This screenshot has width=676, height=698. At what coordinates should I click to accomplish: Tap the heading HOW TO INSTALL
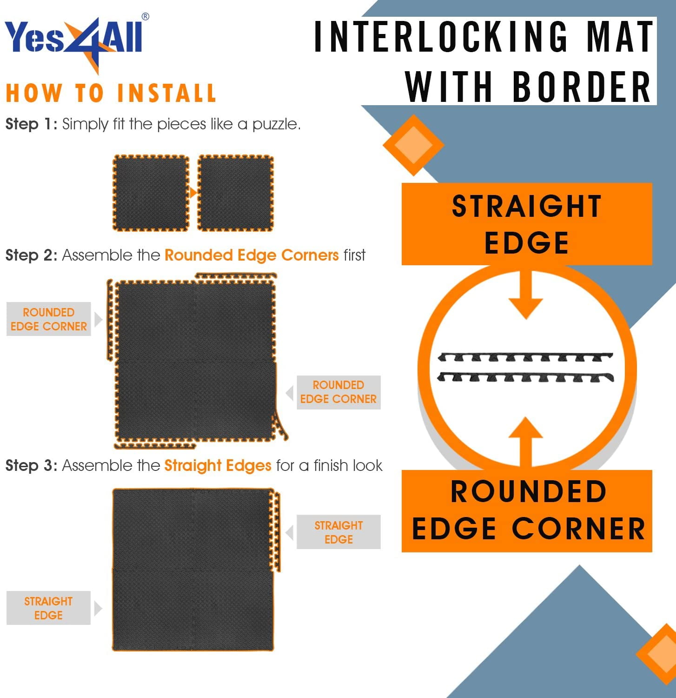click(x=111, y=93)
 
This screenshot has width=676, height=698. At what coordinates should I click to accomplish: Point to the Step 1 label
click(x=31, y=124)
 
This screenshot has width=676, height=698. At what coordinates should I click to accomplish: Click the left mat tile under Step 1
click(x=151, y=193)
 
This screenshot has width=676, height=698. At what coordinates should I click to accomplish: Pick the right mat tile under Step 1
click(x=236, y=193)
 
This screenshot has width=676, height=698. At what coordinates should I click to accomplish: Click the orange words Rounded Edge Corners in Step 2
click(x=252, y=255)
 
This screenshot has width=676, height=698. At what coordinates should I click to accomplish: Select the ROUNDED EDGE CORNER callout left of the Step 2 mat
click(x=49, y=319)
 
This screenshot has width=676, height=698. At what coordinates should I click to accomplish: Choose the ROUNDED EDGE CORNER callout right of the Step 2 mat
click(x=338, y=392)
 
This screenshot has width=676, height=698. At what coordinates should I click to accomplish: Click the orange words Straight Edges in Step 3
click(x=218, y=465)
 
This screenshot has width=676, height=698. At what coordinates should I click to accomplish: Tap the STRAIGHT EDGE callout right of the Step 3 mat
click(x=338, y=532)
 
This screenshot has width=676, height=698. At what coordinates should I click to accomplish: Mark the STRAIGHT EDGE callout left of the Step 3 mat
click(x=48, y=608)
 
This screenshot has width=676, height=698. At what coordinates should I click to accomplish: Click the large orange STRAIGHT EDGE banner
click(x=527, y=224)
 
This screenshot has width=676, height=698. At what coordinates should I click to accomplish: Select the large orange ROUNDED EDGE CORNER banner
click(x=527, y=511)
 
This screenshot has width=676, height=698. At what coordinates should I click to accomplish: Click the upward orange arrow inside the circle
click(x=526, y=443)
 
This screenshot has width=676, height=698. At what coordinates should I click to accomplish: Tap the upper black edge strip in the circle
click(x=525, y=357)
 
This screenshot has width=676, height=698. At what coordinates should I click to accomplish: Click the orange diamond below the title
click(x=413, y=145)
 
